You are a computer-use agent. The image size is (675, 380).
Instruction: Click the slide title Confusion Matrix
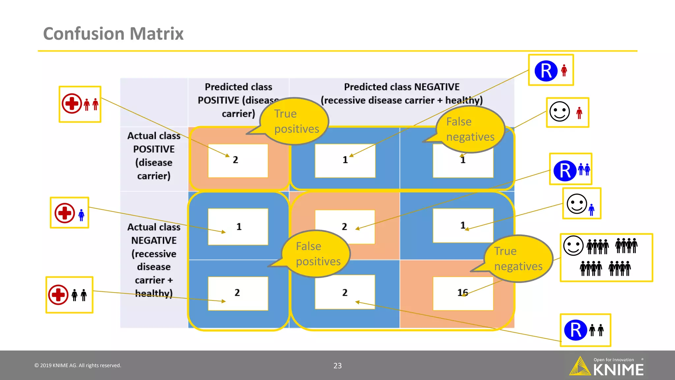pos(113,34)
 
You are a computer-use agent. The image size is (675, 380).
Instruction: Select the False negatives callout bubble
pos(470,129)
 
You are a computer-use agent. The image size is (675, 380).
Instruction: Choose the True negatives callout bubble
pos(518,259)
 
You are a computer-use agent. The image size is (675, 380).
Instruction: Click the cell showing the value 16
pos(463,293)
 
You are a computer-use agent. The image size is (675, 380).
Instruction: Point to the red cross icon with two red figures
pos(72,104)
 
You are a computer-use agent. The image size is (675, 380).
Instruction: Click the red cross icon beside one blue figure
pos(65,213)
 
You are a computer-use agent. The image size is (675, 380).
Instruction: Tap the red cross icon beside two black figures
pos(58,295)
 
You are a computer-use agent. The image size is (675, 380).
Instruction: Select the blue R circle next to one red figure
pos(546,71)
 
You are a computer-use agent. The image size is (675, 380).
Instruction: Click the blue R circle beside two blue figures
pos(565,171)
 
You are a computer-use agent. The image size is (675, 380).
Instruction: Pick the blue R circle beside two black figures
pos(575,330)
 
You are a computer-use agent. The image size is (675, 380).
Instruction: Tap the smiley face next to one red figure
pos(560,112)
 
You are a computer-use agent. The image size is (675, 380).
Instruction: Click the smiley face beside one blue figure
pos(577,204)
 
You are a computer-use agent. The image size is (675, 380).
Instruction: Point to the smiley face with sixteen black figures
pos(573,246)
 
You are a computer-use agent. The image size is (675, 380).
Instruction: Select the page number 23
pos(337,365)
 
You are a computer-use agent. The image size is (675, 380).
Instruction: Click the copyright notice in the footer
pos(78,365)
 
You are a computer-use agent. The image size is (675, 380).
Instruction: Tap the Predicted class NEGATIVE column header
pos(401,93)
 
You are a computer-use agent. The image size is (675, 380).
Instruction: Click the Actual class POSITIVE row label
pos(154,156)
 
